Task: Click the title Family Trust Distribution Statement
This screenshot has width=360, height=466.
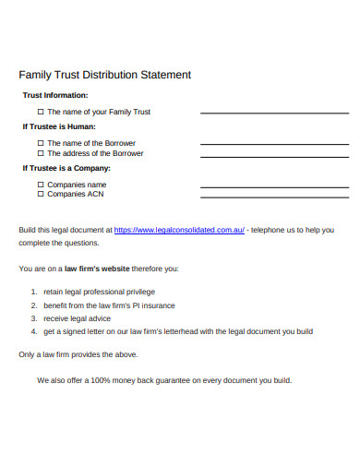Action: point(105,74)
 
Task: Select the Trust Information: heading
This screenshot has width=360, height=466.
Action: point(55,95)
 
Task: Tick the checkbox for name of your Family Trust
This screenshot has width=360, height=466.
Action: point(41,112)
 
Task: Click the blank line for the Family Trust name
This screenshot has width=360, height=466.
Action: point(261,113)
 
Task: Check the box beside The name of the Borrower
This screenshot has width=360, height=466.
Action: point(41,143)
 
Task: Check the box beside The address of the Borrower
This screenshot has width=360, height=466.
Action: point(41,153)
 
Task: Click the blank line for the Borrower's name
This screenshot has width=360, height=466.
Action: point(261,144)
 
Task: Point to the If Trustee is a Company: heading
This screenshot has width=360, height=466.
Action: point(66,168)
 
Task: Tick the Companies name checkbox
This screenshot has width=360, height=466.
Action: point(41,185)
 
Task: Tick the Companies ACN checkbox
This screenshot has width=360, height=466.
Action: point(41,194)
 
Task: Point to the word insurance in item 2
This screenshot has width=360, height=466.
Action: point(156,305)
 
